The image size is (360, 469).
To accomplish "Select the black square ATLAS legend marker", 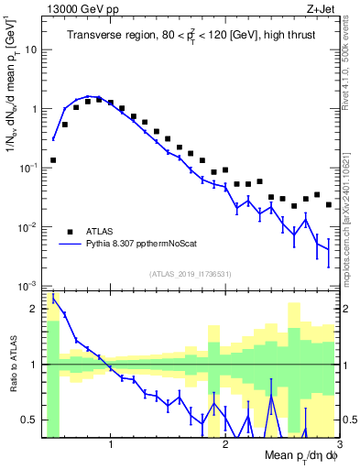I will click(69, 231).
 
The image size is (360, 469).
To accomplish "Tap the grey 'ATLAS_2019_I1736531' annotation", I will click(190, 273).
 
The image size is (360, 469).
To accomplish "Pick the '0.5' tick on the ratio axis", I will click(30, 420).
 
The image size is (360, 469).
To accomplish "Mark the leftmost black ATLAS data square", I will click(53, 160).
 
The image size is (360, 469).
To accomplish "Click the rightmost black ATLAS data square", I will click(329, 204).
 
